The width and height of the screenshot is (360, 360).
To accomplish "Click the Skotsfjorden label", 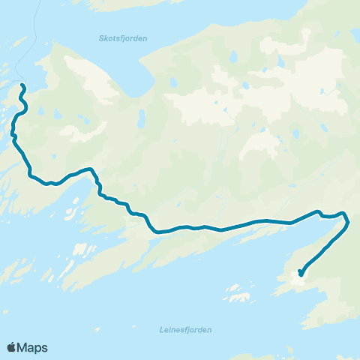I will click(123, 37).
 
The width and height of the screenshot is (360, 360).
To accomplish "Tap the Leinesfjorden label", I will click(186, 329).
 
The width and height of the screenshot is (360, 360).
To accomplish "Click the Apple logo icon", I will click(11, 347).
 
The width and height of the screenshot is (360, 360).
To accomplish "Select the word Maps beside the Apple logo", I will click(32, 347).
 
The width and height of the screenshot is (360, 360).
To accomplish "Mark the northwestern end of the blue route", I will click(22, 87).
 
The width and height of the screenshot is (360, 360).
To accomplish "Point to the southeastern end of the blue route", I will click(300, 274).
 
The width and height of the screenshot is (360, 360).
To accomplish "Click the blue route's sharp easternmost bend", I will click(349, 220).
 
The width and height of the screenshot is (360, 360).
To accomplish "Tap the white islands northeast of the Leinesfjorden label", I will click(238, 292).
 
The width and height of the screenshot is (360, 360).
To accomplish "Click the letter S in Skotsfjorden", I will click(101, 37).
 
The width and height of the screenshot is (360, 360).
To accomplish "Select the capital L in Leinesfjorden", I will click(163, 329).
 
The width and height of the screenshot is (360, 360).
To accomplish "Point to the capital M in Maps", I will click(22, 347).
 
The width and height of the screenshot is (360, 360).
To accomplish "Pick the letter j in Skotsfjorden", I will click(124, 38).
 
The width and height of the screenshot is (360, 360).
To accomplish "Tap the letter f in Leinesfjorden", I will click(187, 329).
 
